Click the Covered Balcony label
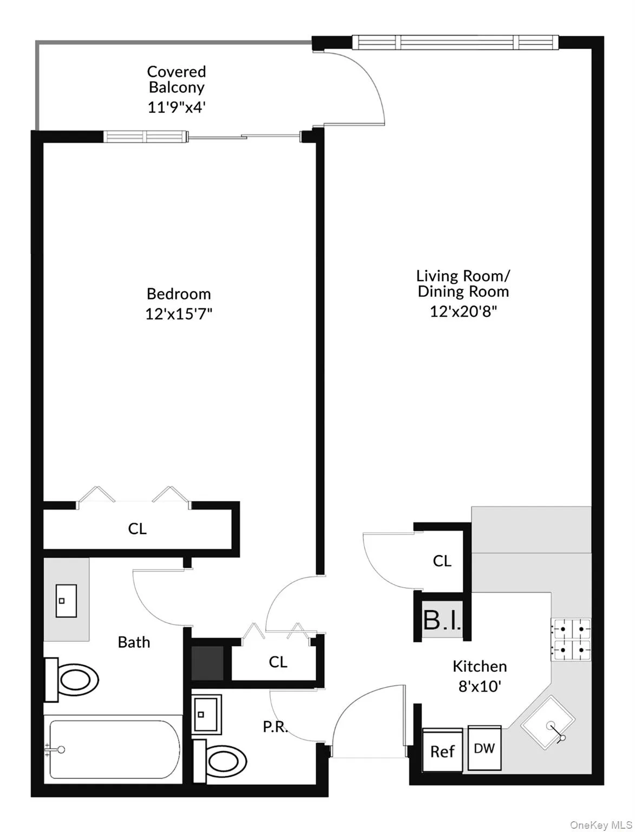coord(176,80)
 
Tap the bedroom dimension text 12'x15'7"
coord(178,314)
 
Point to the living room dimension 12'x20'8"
coord(463,311)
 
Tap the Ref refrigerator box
coord(442,751)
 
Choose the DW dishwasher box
coord(485,748)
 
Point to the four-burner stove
coord(571,639)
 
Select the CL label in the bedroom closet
coord(138,529)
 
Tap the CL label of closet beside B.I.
coord(442,561)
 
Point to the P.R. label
coord(276,726)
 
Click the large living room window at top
coord(455,42)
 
